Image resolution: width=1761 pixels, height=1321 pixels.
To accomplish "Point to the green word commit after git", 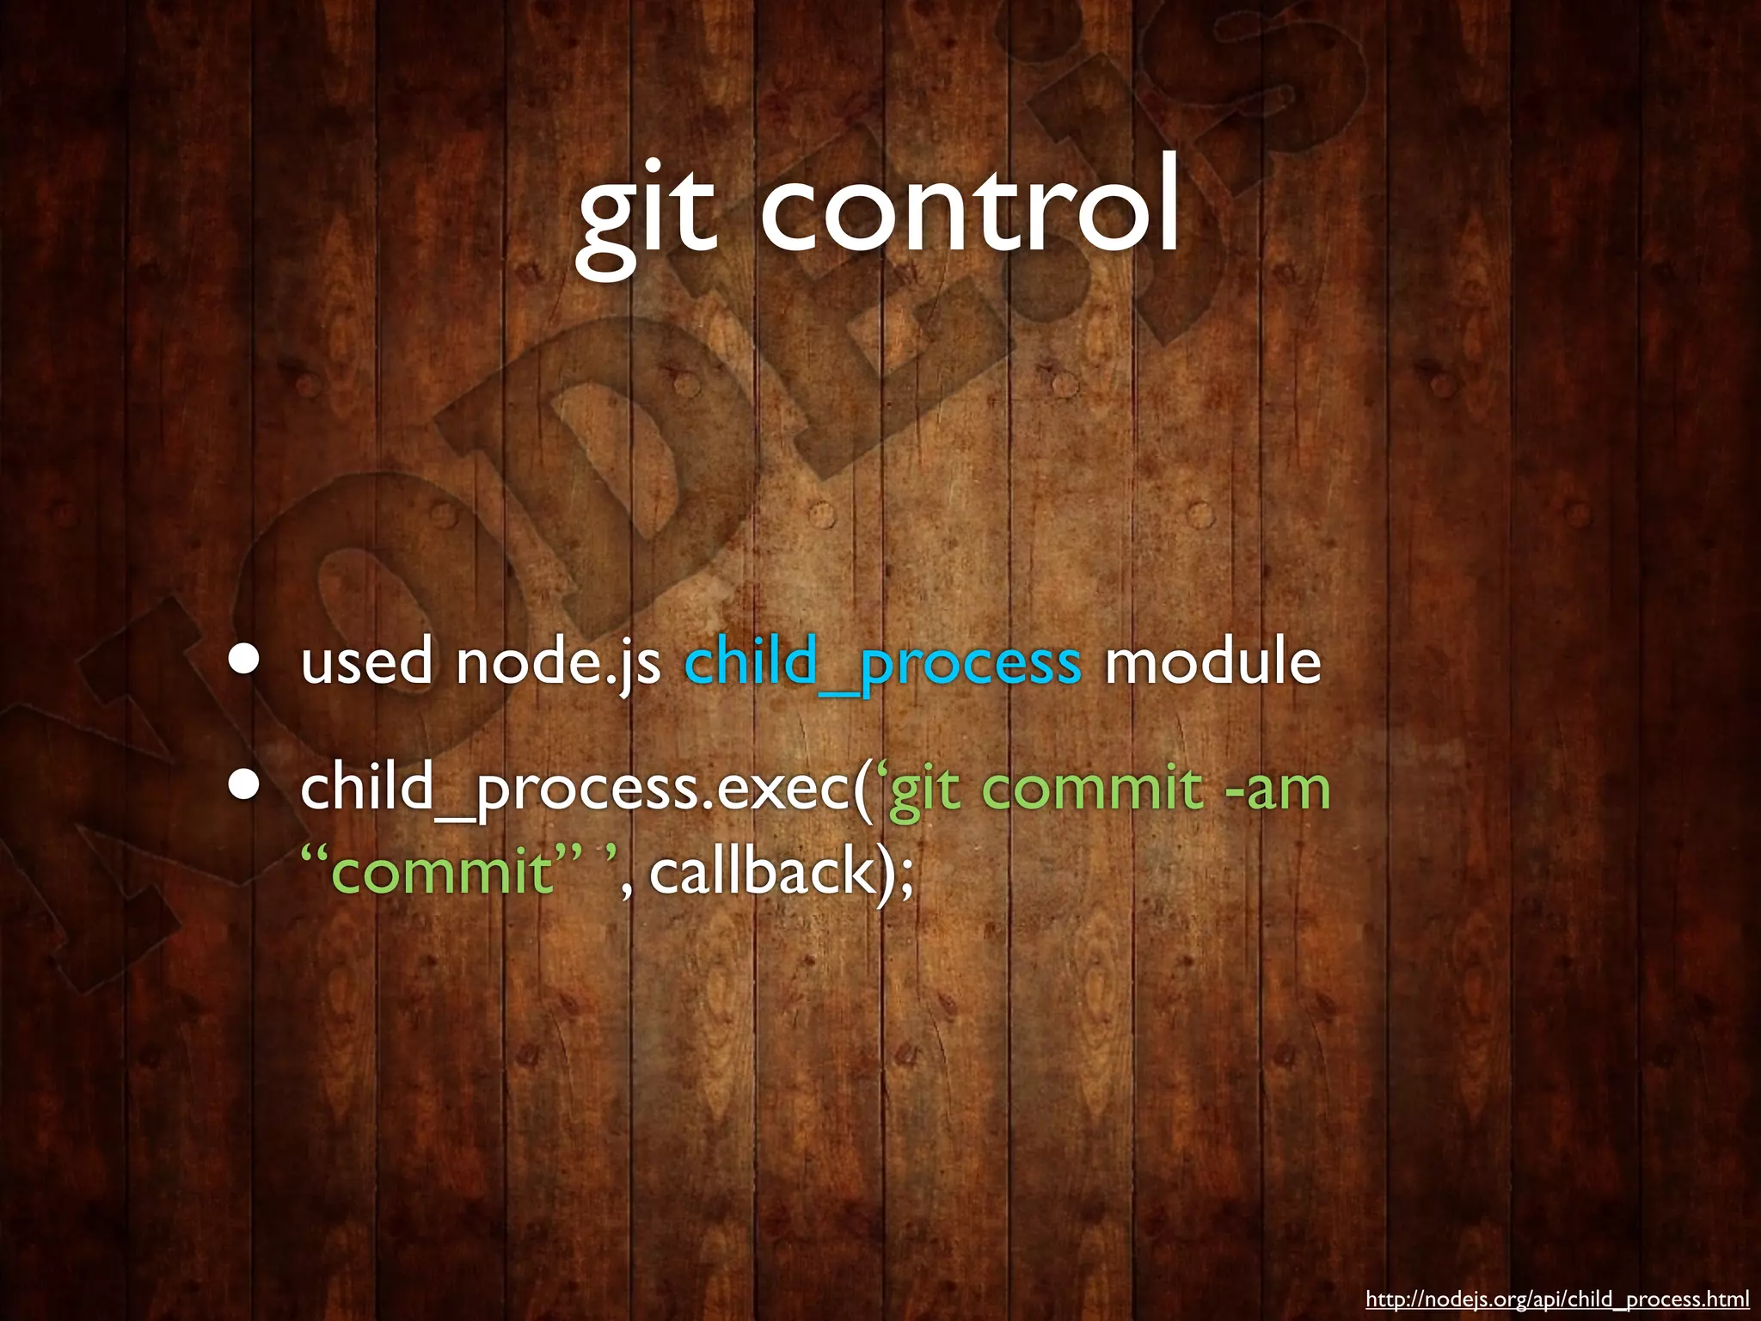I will point(1092,788).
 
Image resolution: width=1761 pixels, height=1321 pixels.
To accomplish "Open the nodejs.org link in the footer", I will point(1556,1299).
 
